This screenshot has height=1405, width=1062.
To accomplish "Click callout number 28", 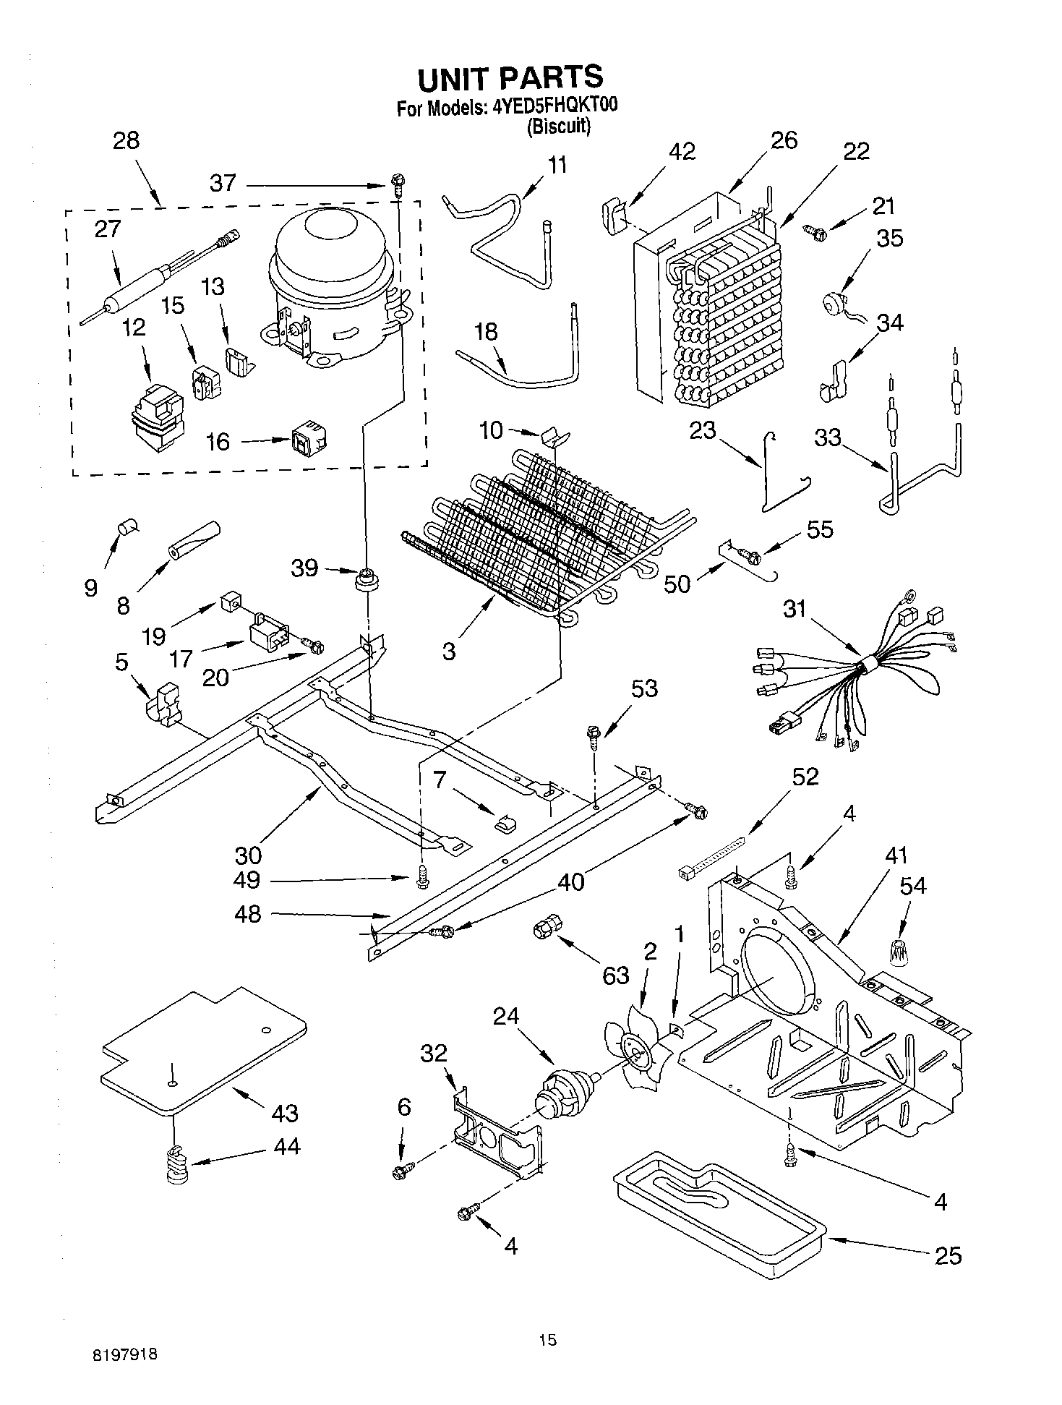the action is (126, 140).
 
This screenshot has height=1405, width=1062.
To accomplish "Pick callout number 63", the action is (616, 975).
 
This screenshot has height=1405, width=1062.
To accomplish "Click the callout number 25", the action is (948, 1256).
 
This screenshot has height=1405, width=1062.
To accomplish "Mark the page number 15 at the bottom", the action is (548, 1340).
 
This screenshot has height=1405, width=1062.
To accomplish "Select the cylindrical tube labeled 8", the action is (193, 539).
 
